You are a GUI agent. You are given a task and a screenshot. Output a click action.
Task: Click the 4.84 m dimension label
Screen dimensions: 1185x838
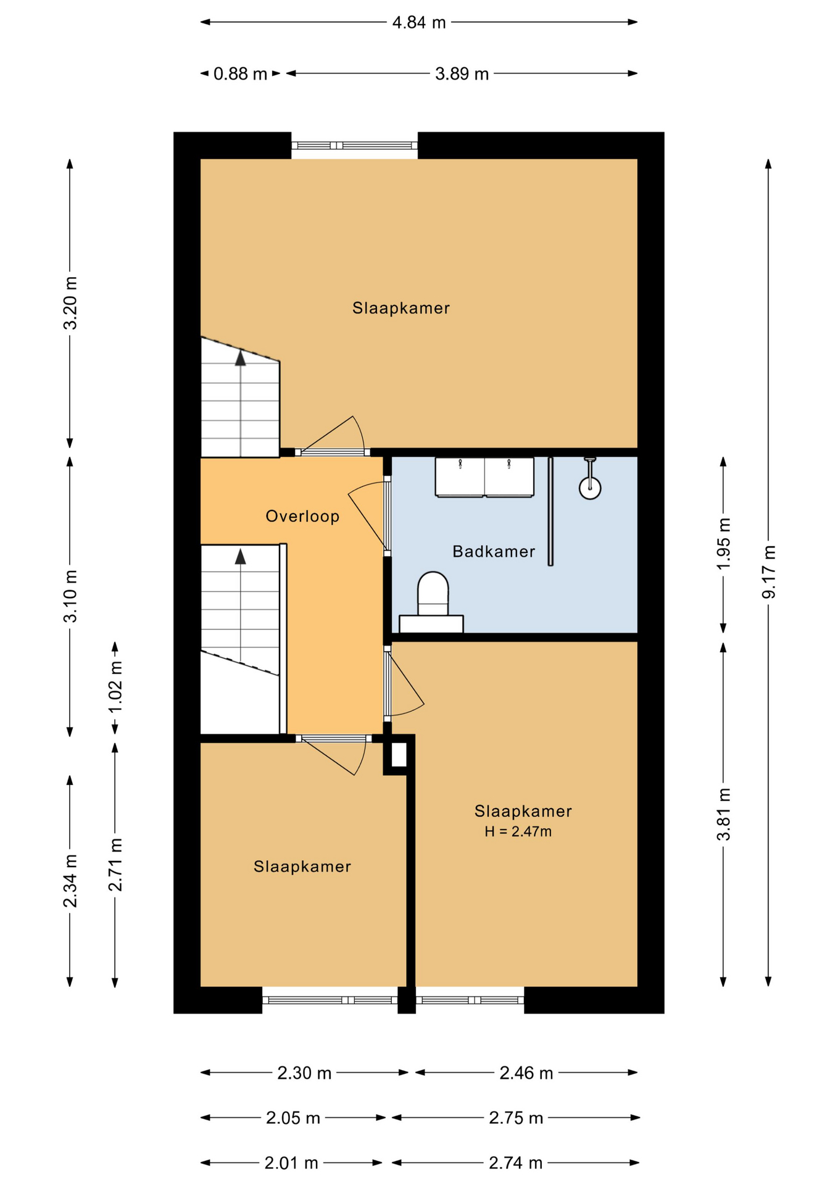point(418,23)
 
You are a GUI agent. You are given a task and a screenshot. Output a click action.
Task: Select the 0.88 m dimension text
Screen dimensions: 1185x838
point(240,74)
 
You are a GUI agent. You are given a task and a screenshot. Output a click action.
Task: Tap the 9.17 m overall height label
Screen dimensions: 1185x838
point(769,572)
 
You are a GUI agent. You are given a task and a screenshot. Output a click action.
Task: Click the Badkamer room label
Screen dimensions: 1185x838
point(493,552)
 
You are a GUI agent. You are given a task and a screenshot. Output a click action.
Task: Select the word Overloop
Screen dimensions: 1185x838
point(302,517)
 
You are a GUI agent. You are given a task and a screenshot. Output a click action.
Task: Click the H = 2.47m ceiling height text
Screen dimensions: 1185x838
point(518,832)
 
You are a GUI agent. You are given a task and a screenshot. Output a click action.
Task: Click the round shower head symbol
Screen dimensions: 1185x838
point(590,488)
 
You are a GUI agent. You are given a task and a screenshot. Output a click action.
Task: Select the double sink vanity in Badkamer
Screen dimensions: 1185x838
point(484,477)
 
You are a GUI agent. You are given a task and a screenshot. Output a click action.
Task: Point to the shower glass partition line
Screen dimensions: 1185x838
point(550,511)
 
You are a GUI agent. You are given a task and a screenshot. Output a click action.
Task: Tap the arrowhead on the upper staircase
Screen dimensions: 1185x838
point(241,357)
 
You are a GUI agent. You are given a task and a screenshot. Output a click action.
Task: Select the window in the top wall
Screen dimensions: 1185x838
point(354,146)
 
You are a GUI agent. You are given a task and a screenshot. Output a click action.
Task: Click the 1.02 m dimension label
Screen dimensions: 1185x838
point(115,686)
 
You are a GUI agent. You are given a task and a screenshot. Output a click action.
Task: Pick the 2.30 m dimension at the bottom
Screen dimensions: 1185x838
point(304,1073)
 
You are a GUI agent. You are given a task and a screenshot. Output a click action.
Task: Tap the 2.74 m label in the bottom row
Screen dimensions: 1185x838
point(515,1163)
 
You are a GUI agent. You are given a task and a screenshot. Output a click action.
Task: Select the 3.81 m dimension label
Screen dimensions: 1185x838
point(723,814)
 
